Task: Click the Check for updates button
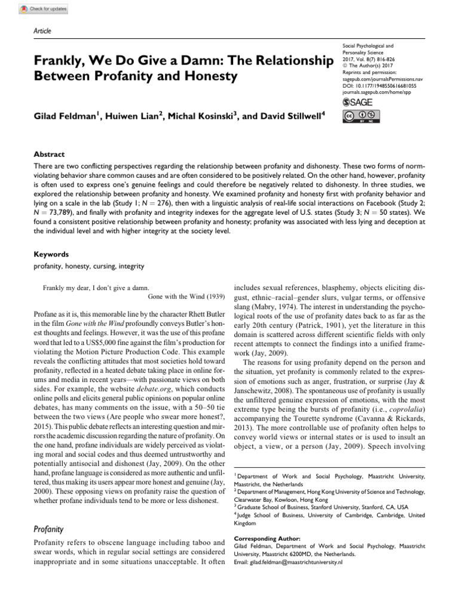(x=44, y=9)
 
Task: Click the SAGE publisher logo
(x=357, y=103)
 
